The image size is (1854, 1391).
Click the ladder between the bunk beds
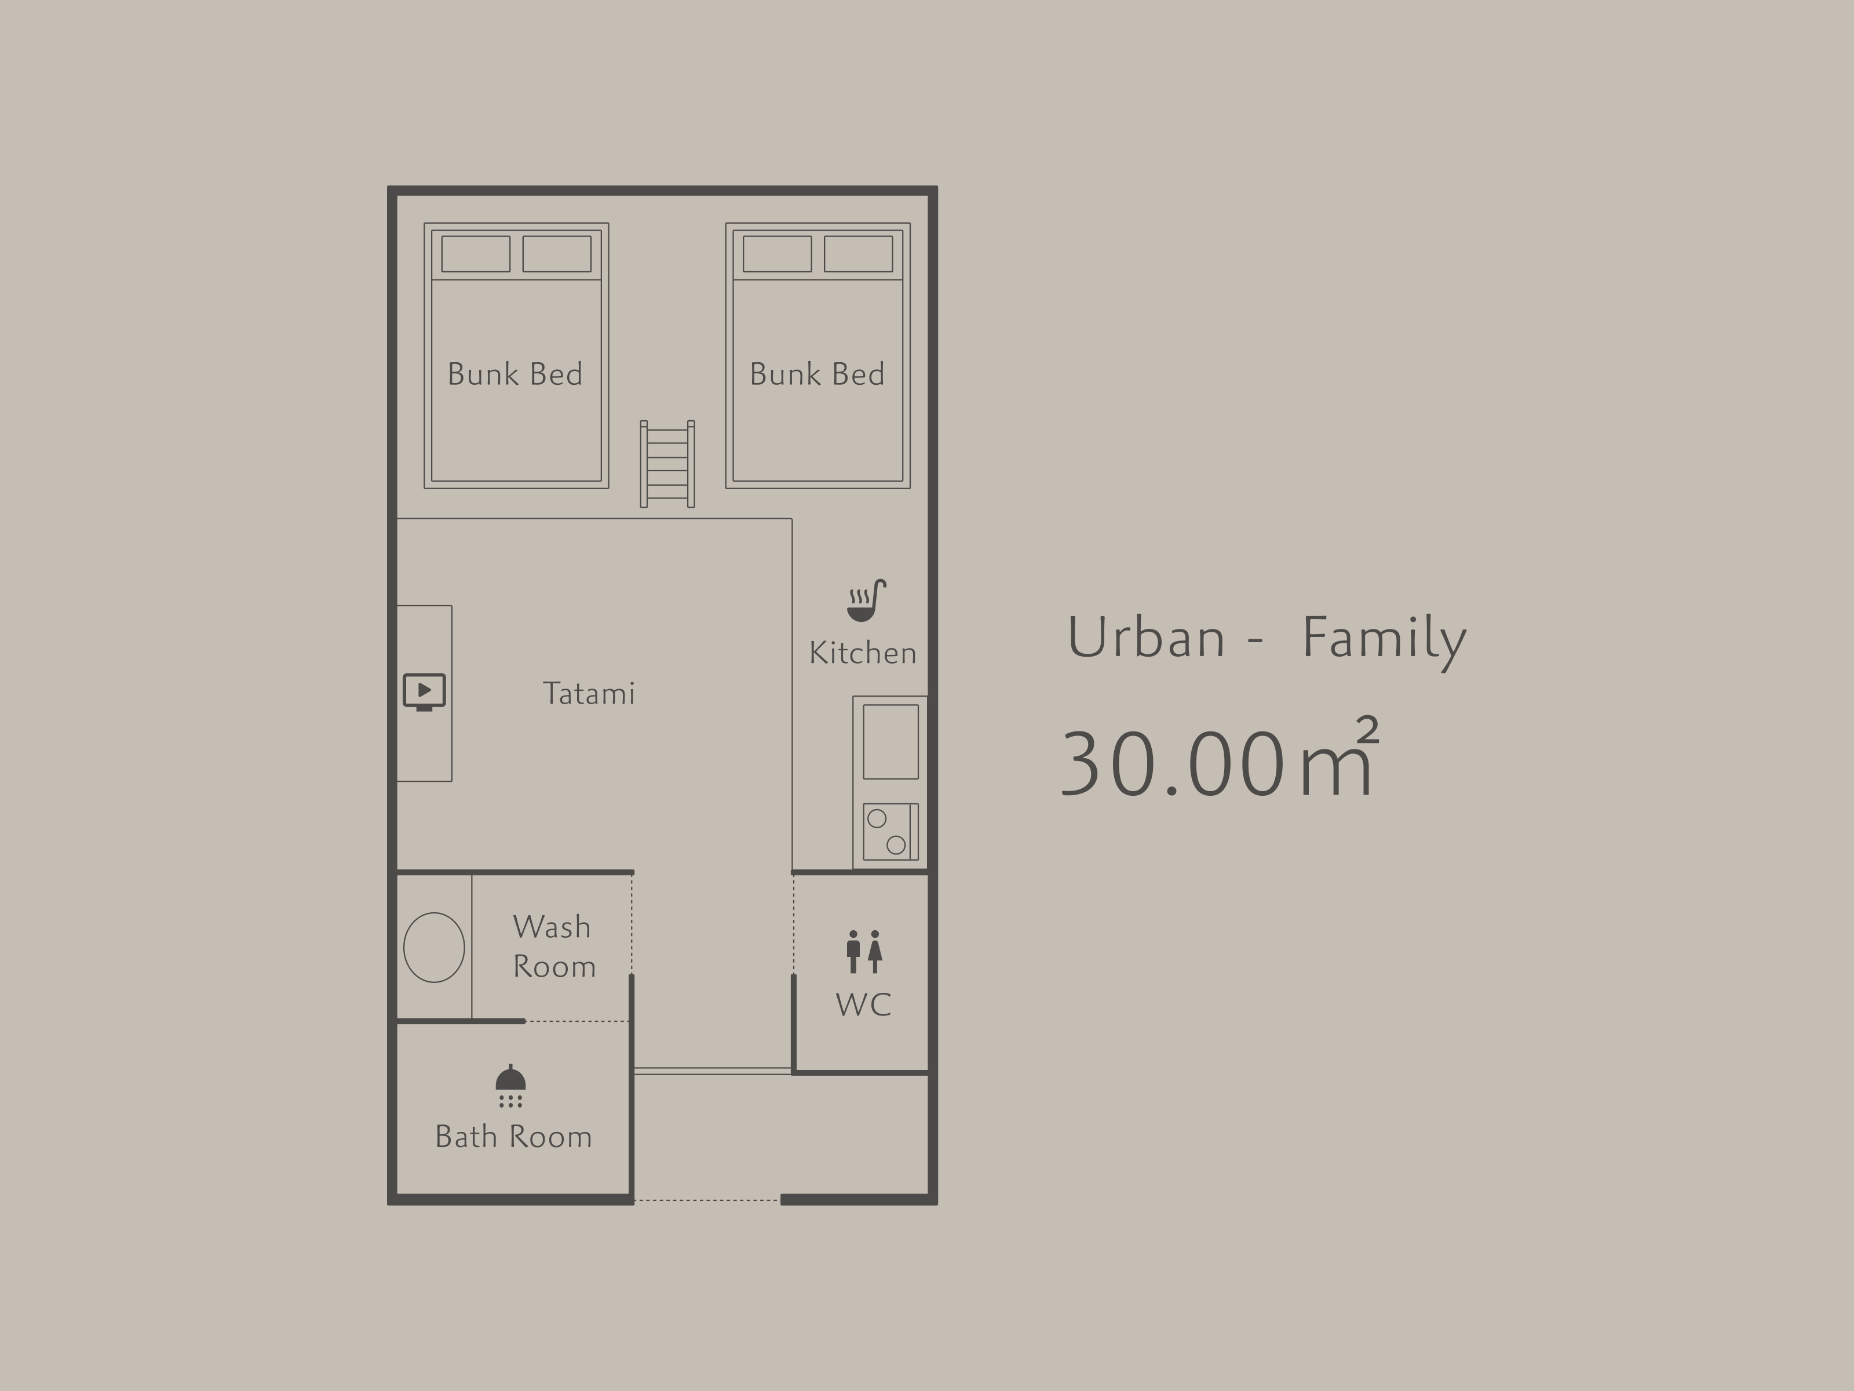(667, 464)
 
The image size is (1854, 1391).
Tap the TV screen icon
(424, 691)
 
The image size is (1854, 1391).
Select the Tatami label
(589, 693)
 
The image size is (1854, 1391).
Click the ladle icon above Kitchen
(867, 600)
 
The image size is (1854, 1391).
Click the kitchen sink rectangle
(891, 741)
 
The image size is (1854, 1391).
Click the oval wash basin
(434, 948)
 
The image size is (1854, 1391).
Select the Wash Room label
(554, 946)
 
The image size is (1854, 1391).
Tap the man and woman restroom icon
(864, 951)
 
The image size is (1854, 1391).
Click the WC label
(863, 1004)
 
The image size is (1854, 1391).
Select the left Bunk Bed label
(514, 374)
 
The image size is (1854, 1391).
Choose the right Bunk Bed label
(817, 374)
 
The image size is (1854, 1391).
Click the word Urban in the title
(1146, 637)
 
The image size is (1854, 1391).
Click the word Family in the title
(1384, 640)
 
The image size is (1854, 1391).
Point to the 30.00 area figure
(1173, 763)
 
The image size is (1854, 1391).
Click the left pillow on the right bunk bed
(777, 254)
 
